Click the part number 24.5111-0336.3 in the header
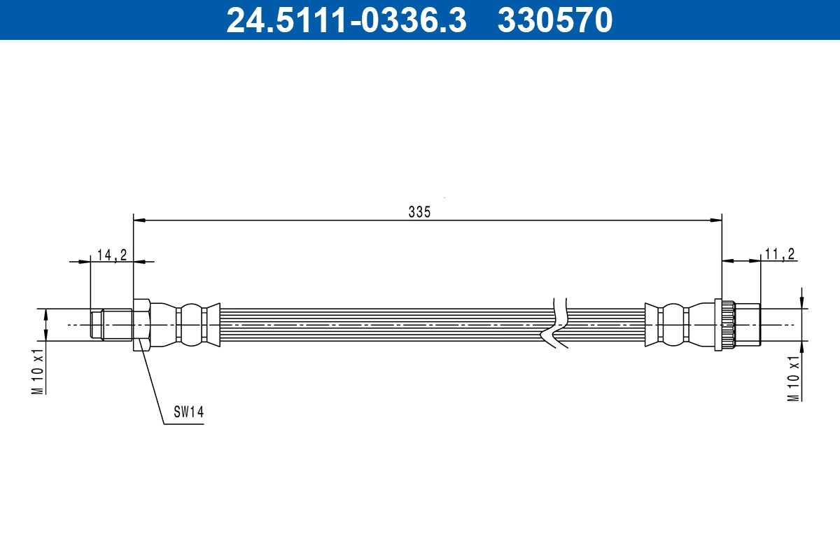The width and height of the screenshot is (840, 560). [346, 20]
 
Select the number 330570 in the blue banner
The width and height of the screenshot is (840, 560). [555, 20]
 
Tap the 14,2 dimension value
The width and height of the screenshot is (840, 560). [111, 255]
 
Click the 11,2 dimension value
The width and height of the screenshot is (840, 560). [779, 255]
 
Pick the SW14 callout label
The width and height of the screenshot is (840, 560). [188, 413]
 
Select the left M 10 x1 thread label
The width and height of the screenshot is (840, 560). [38, 371]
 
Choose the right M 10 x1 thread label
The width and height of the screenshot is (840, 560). [794, 378]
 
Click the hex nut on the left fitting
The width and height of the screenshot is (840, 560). [141, 324]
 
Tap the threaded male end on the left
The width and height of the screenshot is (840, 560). [112, 324]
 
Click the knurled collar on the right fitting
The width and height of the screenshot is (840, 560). [724, 324]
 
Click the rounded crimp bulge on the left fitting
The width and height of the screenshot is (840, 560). [190, 324]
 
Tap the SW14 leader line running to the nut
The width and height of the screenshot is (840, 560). [153, 382]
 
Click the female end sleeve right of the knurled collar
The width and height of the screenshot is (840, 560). [747, 324]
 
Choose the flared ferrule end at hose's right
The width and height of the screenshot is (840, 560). [652, 324]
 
